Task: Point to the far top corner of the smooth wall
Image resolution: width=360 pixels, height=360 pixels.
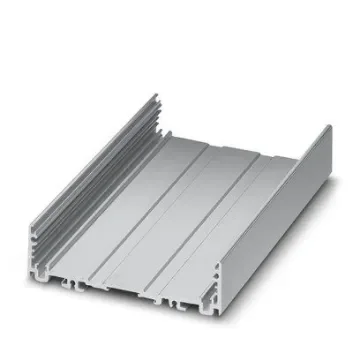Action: [x=328, y=127]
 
